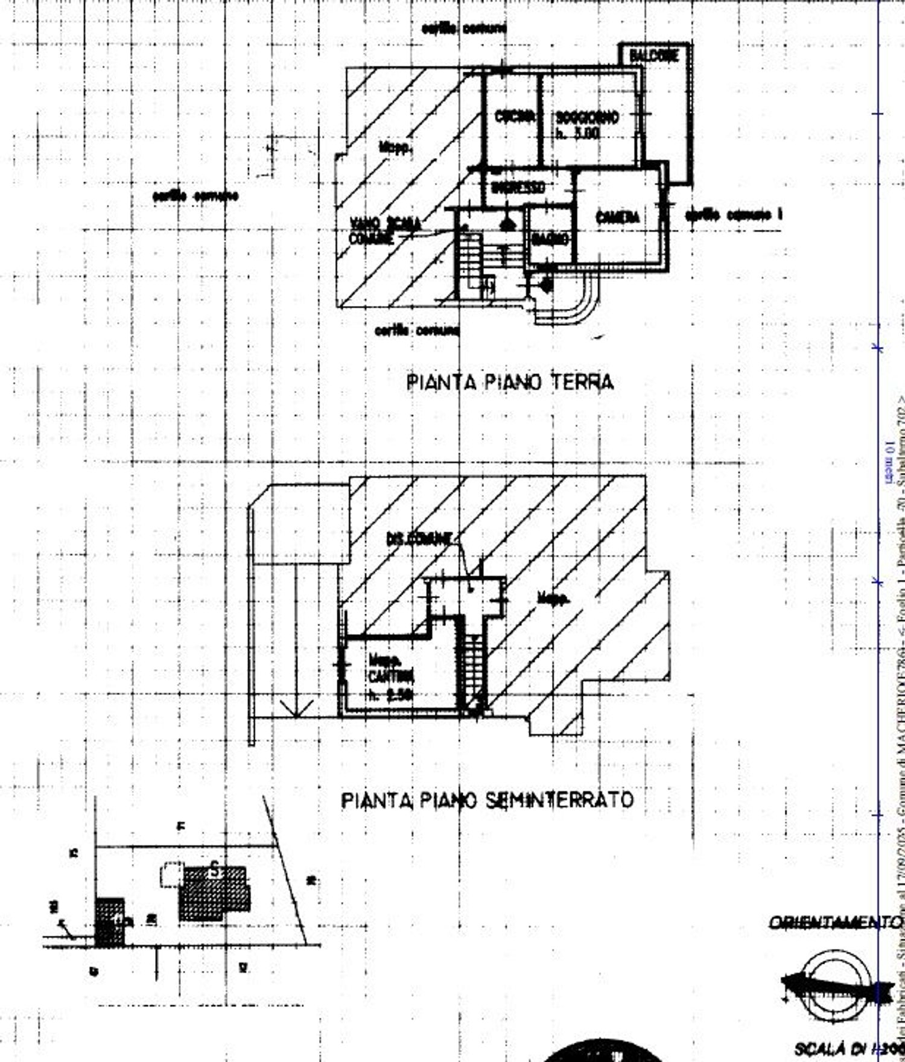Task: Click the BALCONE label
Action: pos(654,56)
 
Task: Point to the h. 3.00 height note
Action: pos(578,135)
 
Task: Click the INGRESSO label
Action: pos(518,188)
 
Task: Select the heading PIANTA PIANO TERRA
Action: pos(510,383)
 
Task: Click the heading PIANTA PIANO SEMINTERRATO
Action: pos(487,800)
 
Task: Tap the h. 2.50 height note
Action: pos(391,695)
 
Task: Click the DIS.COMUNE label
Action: pos(418,538)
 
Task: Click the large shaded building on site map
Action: pos(214,893)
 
